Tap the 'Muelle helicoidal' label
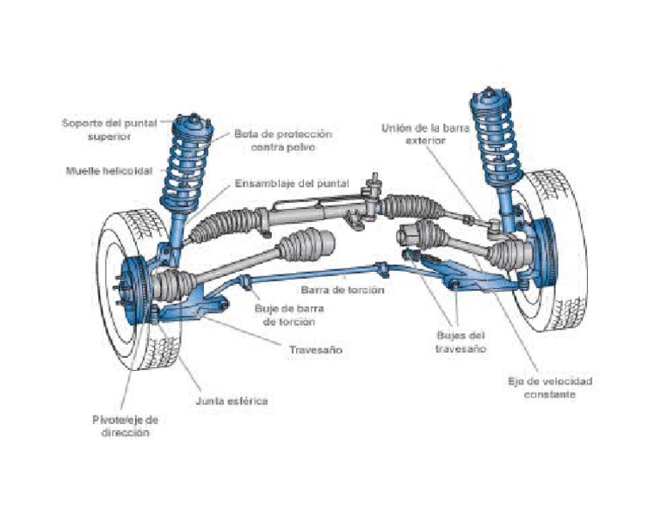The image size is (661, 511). point(108,170)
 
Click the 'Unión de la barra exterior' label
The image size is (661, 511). point(417,134)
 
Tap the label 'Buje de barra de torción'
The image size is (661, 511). point(284,315)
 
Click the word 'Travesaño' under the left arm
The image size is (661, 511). point(318,350)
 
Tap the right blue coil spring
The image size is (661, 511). point(495,142)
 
